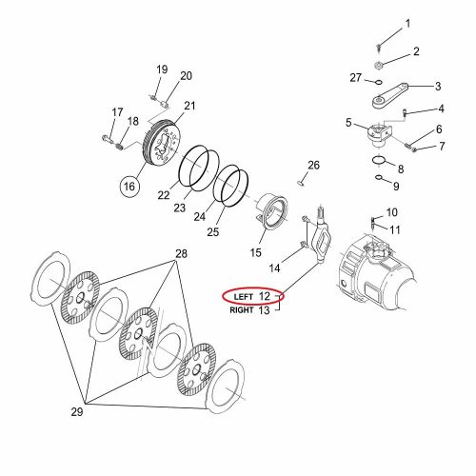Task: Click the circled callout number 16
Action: pyautogui.click(x=129, y=187)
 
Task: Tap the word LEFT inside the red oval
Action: pyautogui.click(x=244, y=297)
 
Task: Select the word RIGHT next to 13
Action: pyautogui.click(x=242, y=310)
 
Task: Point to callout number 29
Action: pyautogui.click(x=77, y=412)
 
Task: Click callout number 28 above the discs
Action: pyautogui.click(x=181, y=254)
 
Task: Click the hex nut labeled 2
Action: pyautogui.click(x=378, y=66)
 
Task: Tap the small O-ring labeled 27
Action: pyautogui.click(x=378, y=83)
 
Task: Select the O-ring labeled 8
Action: pyautogui.click(x=380, y=160)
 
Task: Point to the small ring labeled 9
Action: pyautogui.click(x=379, y=177)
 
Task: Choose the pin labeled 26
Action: pyautogui.click(x=301, y=183)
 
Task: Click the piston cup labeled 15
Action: pyautogui.click(x=272, y=210)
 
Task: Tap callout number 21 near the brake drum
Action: pyautogui.click(x=189, y=106)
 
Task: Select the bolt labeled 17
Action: pyautogui.click(x=107, y=138)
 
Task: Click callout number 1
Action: pyautogui.click(x=407, y=24)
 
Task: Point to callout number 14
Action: pyautogui.click(x=275, y=268)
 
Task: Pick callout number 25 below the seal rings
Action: pyautogui.click(x=213, y=232)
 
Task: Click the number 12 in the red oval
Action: pyautogui.click(x=265, y=296)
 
